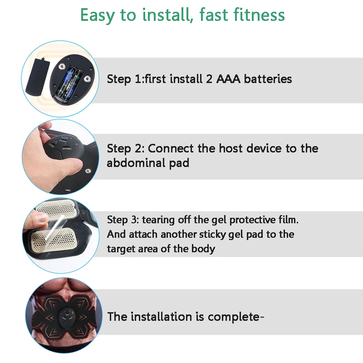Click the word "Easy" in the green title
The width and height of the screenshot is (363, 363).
(98, 15)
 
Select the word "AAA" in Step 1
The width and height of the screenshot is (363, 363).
(228, 79)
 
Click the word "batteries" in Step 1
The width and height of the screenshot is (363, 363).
(268, 79)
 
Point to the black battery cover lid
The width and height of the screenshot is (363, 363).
(38, 76)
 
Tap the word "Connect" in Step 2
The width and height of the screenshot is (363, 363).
(171, 148)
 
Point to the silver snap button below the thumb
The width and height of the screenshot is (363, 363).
(88, 171)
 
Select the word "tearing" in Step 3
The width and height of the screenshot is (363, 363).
(158, 220)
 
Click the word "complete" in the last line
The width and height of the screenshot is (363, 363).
(234, 317)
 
